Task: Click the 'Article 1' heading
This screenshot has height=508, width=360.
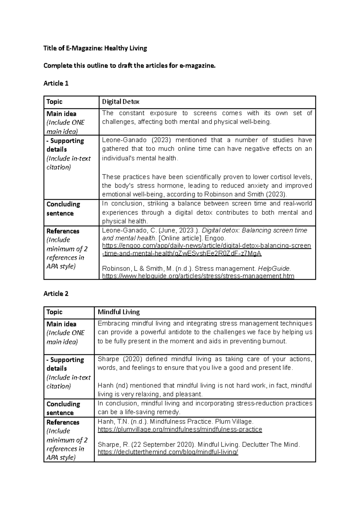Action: (56, 83)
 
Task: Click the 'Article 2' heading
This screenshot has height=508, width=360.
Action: (56, 294)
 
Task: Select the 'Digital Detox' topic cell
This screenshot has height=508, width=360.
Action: (121, 102)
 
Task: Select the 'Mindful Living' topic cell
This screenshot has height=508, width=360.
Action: (118, 312)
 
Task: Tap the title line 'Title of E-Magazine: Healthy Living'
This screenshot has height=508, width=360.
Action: (95, 48)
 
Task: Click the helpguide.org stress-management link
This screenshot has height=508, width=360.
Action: (198, 276)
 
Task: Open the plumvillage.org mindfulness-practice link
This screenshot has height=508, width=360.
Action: (180, 429)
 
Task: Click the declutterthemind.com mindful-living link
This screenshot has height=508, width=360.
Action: (168, 452)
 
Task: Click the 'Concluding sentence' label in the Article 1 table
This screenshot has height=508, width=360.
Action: (63, 208)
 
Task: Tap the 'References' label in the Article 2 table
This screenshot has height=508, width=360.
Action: (63, 422)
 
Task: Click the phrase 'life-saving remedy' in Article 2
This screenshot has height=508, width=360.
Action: (154, 412)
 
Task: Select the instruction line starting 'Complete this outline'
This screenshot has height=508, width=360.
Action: (129, 66)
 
